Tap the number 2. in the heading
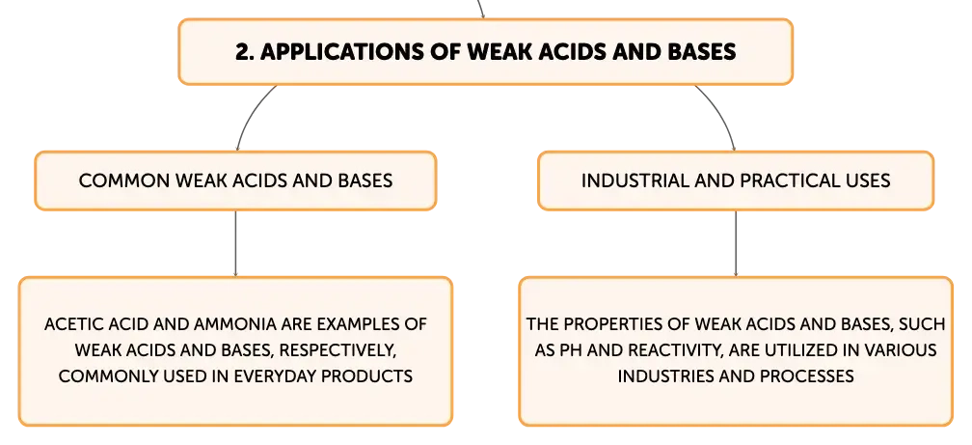(x=245, y=51)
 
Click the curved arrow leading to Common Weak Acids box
(x=248, y=112)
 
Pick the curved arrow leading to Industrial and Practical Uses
(x=722, y=112)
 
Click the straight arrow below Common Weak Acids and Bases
(x=235, y=244)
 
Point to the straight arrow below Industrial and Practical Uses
(x=736, y=244)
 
